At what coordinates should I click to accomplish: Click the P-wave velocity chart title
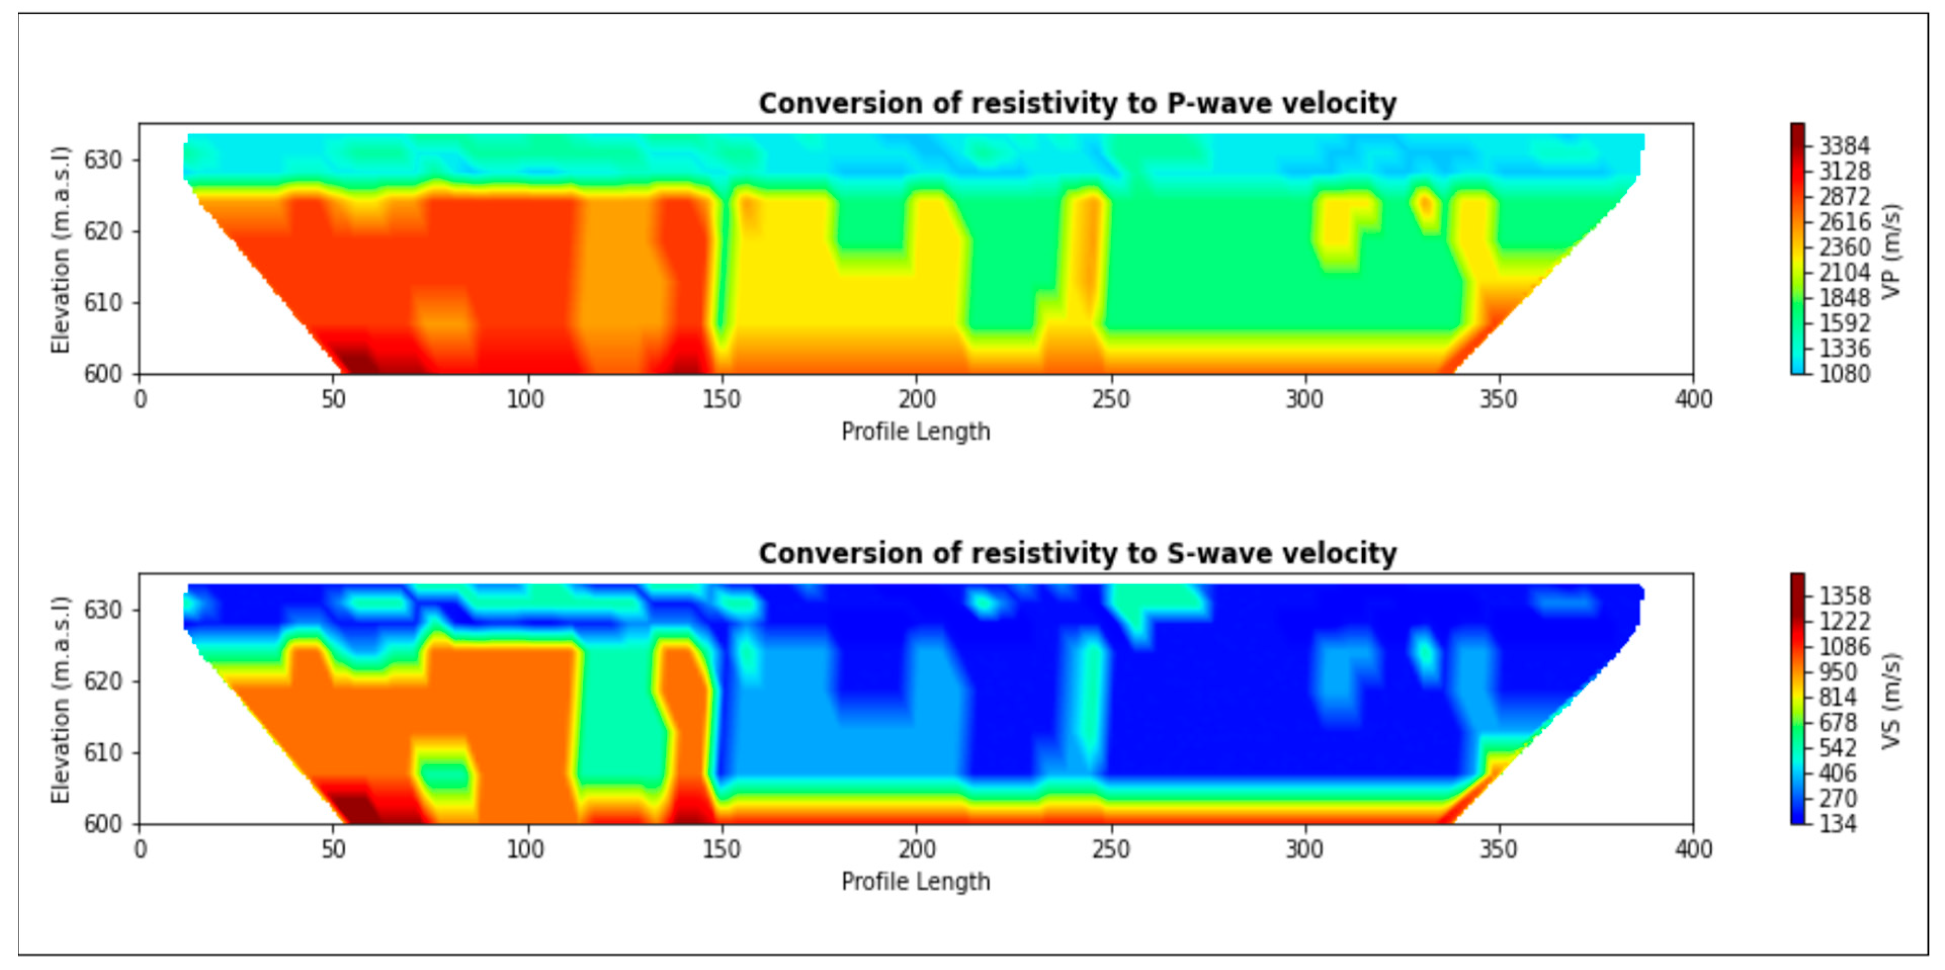(1077, 103)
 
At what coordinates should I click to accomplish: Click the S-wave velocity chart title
(1077, 553)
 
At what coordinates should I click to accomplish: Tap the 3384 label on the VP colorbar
(1844, 146)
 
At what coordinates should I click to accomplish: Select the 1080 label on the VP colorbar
(1844, 374)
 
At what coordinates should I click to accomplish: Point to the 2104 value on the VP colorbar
(1844, 273)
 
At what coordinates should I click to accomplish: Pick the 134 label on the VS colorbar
(1836, 823)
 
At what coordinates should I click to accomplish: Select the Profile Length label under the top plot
(915, 432)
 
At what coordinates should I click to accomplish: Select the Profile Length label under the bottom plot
(915, 881)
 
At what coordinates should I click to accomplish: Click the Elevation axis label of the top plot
(60, 249)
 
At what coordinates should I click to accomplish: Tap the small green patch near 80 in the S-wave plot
(445, 774)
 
